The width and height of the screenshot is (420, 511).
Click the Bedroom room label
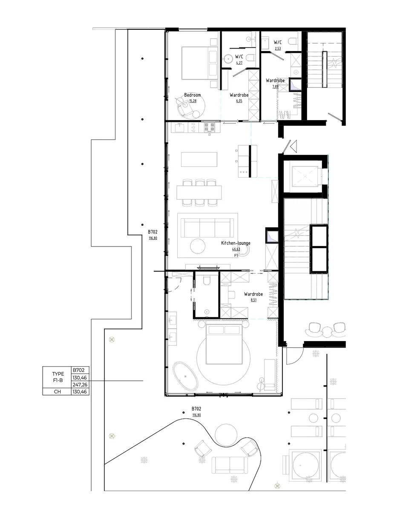tap(192, 95)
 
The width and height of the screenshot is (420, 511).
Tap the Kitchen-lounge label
tap(236, 243)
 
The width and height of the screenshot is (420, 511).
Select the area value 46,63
tap(236, 249)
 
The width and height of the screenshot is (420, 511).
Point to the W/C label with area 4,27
tap(239, 57)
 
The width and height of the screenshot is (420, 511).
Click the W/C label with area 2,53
tap(278, 43)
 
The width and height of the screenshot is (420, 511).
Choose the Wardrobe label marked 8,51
tap(253, 294)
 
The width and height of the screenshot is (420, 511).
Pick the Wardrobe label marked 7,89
tap(275, 80)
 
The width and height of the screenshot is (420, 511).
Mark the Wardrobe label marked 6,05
tap(239, 95)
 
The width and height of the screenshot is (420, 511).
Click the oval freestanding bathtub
tap(185, 376)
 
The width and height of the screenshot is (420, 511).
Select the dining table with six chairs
tap(199, 192)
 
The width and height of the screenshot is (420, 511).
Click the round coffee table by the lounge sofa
tap(198, 246)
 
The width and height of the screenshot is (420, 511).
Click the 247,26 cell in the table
tap(80, 384)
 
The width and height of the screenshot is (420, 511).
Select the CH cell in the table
tap(57, 391)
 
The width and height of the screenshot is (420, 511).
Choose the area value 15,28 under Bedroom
tap(192, 101)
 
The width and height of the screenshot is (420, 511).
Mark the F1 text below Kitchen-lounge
tap(236, 255)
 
